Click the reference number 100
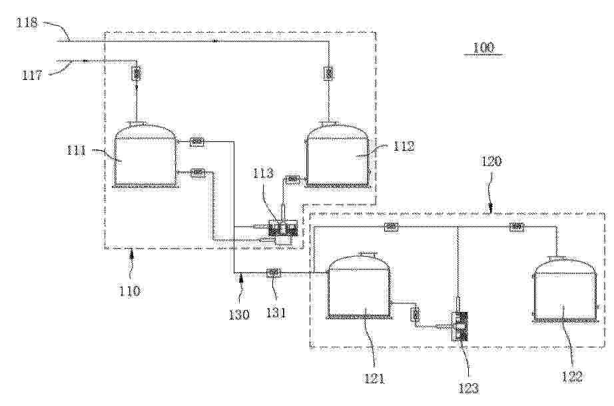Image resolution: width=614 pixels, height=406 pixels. [x=483, y=48]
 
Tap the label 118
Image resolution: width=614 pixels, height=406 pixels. [x=27, y=23]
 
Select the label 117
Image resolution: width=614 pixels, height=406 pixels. [x=32, y=74]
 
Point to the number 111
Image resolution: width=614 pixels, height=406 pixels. [x=76, y=150]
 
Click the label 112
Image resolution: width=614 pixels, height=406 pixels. [x=404, y=146]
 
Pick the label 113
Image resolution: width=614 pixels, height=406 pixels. [x=263, y=173]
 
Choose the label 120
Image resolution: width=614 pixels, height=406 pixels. [x=491, y=161]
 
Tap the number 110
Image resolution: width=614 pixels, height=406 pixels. [x=130, y=291]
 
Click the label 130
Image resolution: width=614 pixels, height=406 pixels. [x=239, y=314]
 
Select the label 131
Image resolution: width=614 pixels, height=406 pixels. [x=276, y=313]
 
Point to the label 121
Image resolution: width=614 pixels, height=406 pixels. [x=374, y=379]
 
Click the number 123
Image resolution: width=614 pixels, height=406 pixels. [x=468, y=388]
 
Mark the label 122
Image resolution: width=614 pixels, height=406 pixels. [x=571, y=377]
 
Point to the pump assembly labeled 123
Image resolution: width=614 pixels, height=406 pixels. [x=460, y=325]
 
